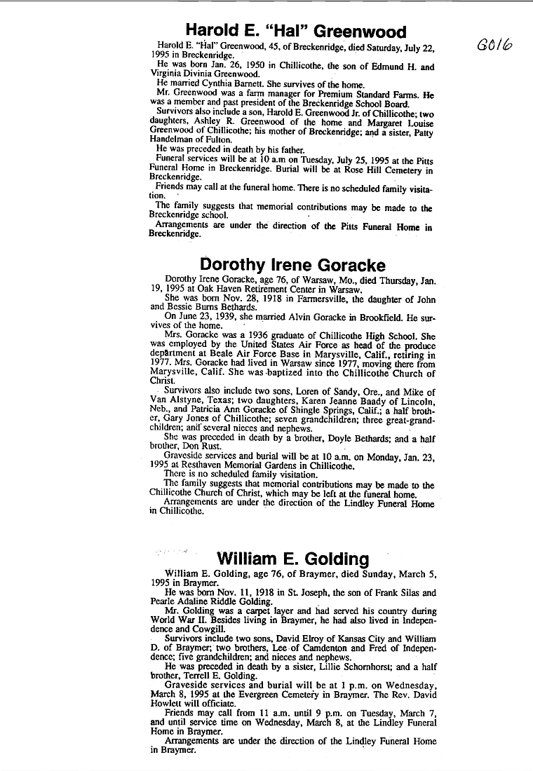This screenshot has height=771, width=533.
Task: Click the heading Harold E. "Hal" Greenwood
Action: coord(295,32)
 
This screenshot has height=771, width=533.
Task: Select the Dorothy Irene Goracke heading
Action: coord(292,265)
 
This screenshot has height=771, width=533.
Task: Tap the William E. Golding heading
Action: coord(292,559)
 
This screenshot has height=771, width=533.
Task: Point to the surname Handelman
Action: coord(171,139)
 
